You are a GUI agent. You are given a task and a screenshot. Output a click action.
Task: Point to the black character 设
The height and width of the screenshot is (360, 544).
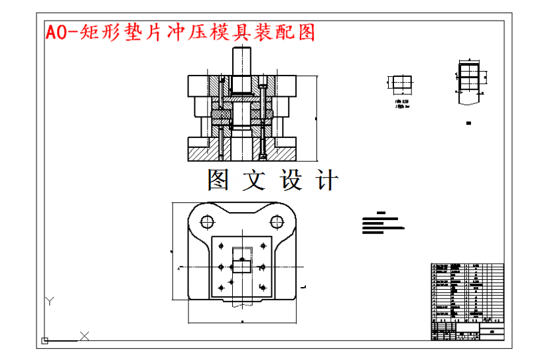tap(291, 180)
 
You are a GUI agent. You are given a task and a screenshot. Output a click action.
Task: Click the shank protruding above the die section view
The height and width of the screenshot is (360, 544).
tap(241, 61)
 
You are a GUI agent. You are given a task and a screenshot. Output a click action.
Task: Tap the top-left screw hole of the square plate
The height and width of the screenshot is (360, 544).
tap(220, 247)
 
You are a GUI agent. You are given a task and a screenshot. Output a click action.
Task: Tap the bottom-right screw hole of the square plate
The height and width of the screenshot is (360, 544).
tap(263, 286)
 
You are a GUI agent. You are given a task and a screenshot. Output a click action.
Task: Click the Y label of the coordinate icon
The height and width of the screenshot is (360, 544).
tap(48, 302)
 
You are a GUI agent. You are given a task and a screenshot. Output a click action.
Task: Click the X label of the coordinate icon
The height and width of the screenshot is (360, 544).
tap(84, 335)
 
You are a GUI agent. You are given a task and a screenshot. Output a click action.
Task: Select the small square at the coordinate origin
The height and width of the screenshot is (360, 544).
tap(45, 341)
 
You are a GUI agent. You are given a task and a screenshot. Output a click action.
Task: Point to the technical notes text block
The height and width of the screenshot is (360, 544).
tap(382, 223)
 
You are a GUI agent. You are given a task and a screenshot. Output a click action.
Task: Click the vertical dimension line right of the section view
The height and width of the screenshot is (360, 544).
tap(316, 117)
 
